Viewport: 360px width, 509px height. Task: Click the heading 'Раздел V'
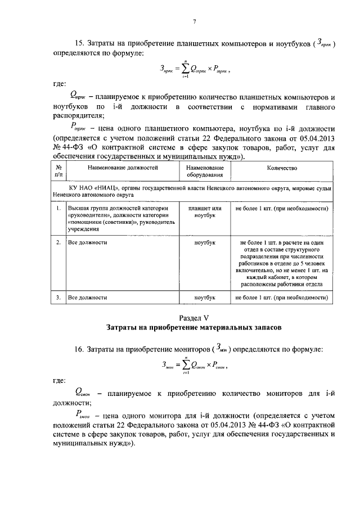[x=193, y=317]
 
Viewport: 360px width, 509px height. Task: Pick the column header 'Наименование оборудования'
[x=205, y=171]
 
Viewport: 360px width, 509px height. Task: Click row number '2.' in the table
[x=58, y=242]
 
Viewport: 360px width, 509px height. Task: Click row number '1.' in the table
[x=58, y=209]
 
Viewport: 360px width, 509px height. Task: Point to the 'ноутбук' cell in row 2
[x=205, y=242]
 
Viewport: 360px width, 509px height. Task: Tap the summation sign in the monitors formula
[x=183, y=365]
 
